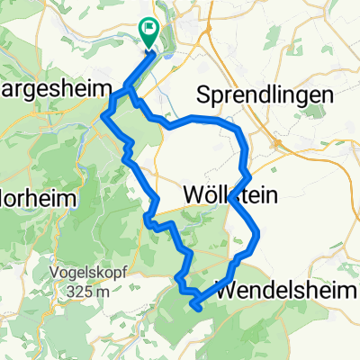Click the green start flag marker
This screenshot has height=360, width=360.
click(149, 31)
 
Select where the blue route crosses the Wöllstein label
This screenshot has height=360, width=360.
click(236, 194)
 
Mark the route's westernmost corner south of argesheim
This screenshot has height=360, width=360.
click(105, 115)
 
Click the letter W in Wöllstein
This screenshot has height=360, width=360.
click(193, 193)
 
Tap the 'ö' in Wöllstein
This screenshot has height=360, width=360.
click(210, 193)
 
